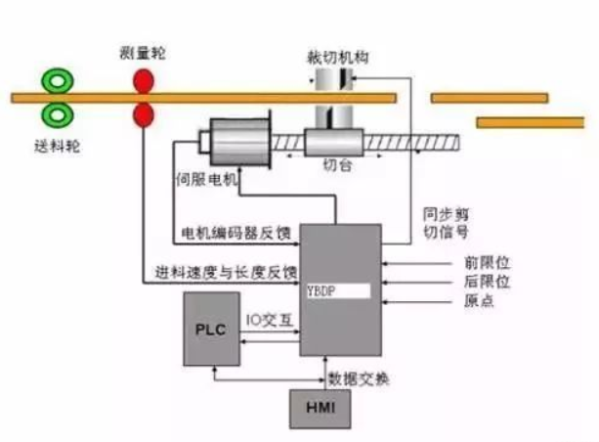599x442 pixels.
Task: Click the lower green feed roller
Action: (57, 115)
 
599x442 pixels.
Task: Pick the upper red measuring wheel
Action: (143, 79)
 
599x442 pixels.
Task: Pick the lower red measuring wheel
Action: (143, 115)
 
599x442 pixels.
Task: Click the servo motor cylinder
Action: (239, 143)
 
